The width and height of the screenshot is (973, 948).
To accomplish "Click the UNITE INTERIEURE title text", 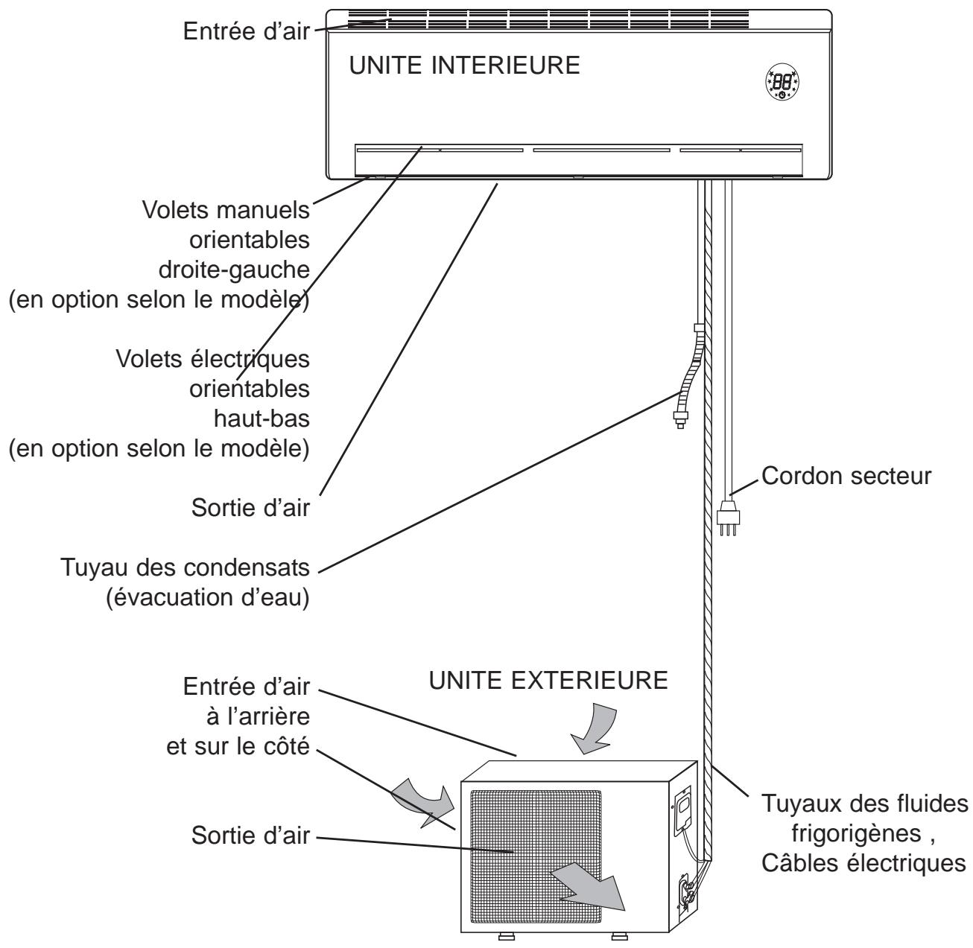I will (465, 66).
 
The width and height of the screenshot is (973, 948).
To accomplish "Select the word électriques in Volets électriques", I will (257, 360).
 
